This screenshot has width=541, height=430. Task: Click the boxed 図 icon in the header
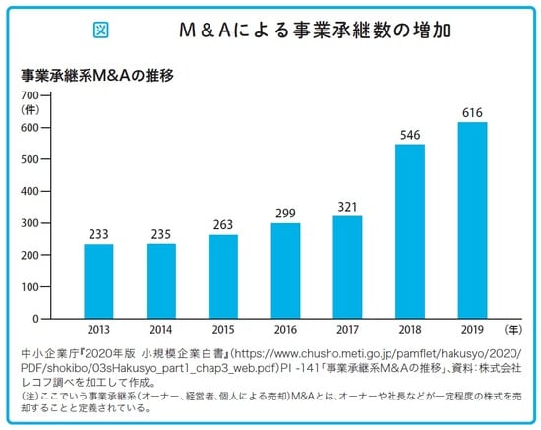[x=100, y=31]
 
